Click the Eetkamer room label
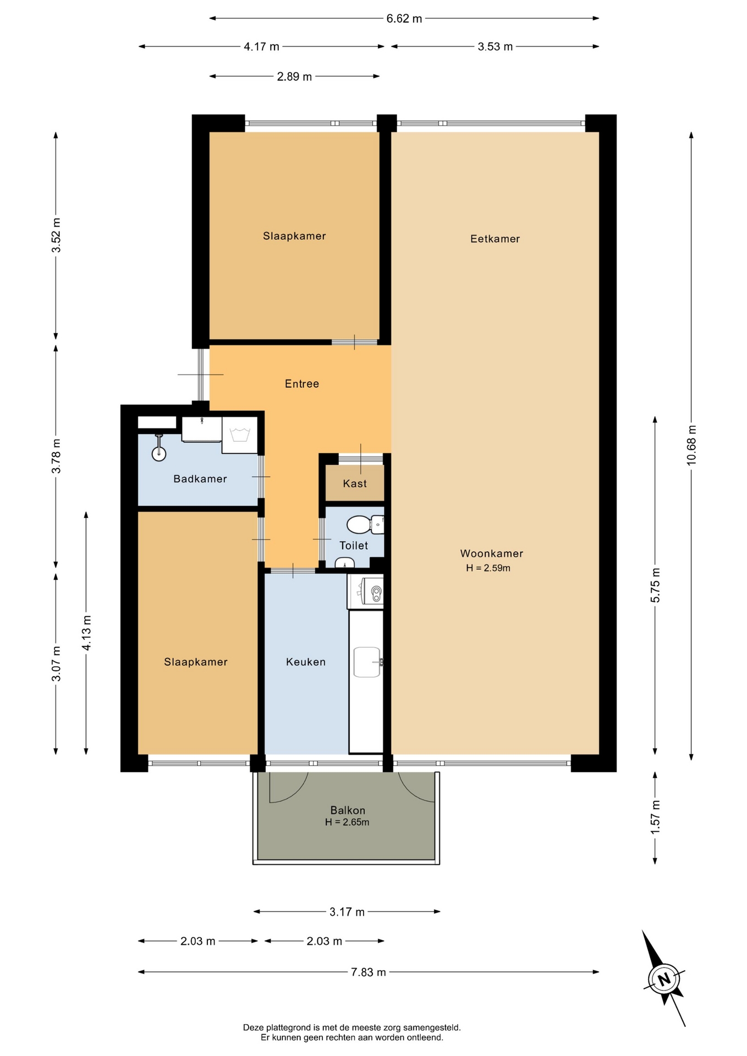coord(495,239)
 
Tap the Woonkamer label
coord(491,553)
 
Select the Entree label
coord(301,384)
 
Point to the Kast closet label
coord(354,483)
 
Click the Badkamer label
coord(200,479)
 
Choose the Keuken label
coord(305,662)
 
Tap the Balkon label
coord(347,810)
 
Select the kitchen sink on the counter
coord(367,662)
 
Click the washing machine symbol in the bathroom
coord(240,435)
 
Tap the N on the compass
coord(664,980)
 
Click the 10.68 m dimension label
coord(691,446)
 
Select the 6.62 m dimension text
coord(404,19)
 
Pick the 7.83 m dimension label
coord(369,972)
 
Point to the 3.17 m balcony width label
coord(347,912)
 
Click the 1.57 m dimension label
coord(655,817)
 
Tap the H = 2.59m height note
coord(488,568)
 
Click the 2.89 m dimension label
coord(294,76)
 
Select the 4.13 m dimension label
coord(86,633)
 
